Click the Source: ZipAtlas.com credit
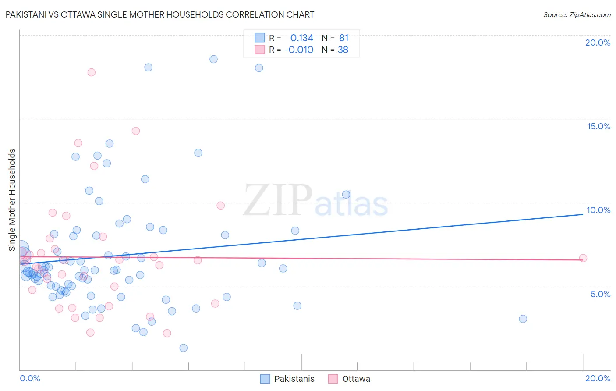(x=577, y=15)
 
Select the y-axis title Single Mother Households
(x=12, y=200)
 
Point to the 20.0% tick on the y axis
(x=598, y=43)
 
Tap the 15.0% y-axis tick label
(x=598, y=126)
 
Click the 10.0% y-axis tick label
(x=598, y=210)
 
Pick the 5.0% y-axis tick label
(x=600, y=294)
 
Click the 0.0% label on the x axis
(x=30, y=378)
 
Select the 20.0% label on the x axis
(x=598, y=378)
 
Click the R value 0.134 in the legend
(x=301, y=38)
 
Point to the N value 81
(x=343, y=38)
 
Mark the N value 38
(x=343, y=50)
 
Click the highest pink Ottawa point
(x=91, y=72)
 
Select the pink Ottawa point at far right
(x=583, y=258)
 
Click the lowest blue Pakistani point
(x=184, y=348)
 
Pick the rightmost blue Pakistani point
(x=523, y=319)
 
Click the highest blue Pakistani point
(x=213, y=59)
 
